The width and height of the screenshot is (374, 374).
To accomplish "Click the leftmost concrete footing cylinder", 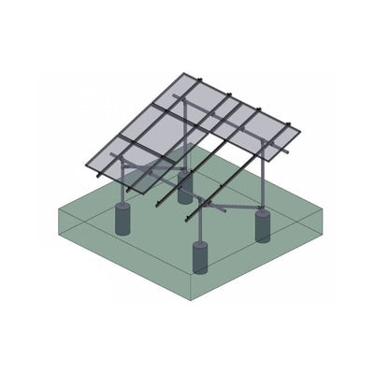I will (122, 222).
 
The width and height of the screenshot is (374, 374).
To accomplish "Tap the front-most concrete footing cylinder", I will (200, 256).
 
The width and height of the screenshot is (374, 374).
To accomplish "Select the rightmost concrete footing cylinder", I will (262, 226).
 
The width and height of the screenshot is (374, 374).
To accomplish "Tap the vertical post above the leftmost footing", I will (122, 187).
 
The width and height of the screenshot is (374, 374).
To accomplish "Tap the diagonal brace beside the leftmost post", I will (140, 173).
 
